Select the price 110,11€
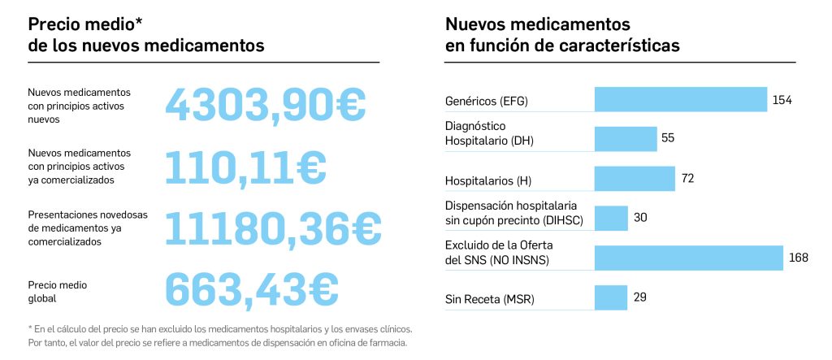245,167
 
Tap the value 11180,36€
273,228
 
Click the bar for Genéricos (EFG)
681,100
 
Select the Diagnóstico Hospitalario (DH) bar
625,139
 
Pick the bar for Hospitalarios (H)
635,179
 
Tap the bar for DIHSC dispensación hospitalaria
611,218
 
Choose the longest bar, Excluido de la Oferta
688,258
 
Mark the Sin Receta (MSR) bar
611,297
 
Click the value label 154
782,100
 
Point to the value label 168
798,258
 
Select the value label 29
639,297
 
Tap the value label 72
687,179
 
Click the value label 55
668,138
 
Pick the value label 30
640,218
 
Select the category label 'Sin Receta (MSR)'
489,300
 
